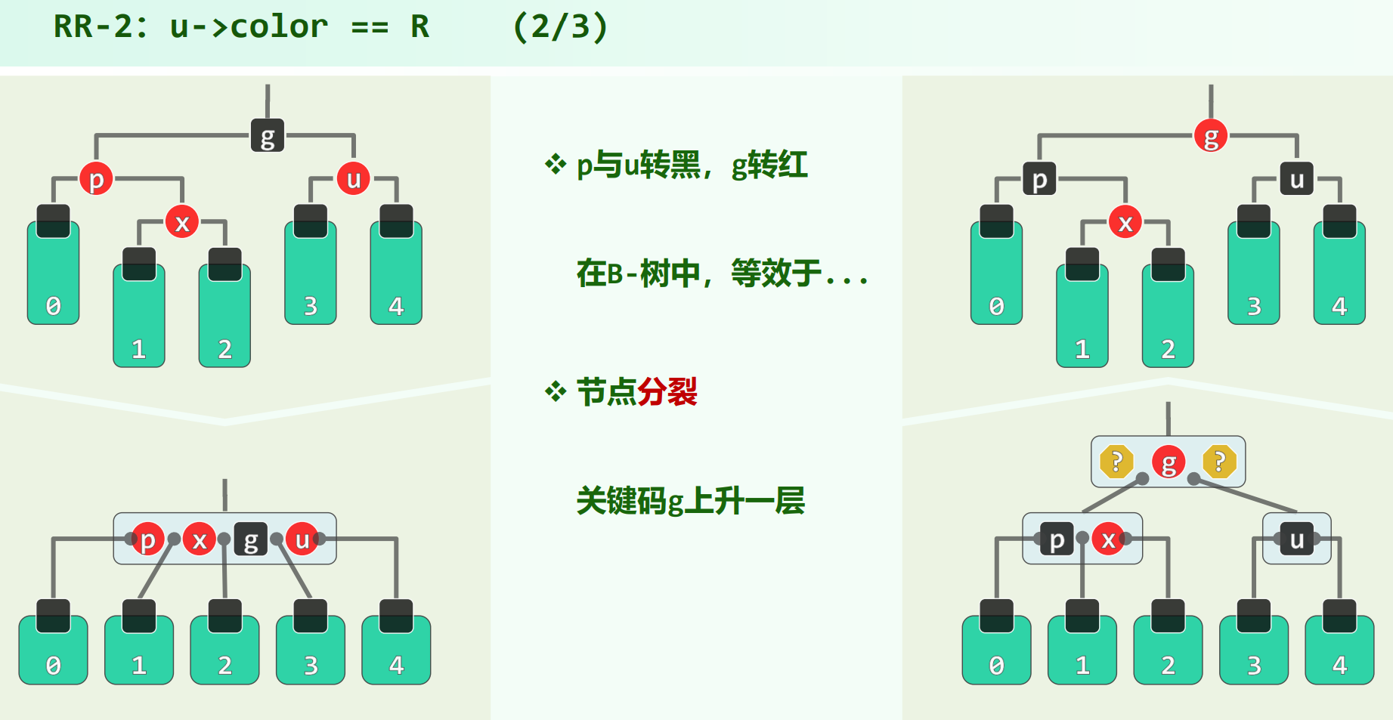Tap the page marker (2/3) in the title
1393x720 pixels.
click(x=560, y=27)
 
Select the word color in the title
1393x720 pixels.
click(x=279, y=27)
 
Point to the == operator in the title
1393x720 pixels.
click(x=370, y=27)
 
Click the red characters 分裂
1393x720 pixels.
click(x=667, y=392)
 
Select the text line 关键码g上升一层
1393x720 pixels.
click(x=690, y=501)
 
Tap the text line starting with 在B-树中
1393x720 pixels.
click(x=722, y=273)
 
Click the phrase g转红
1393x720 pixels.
click(x=769, y=165)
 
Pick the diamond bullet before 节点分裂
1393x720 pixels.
click(x=556, y=391)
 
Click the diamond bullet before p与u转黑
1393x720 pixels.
click(x=556, y=164)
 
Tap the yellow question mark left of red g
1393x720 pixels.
click(x=1116, y=462)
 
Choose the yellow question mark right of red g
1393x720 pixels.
click(x=1219, y=462)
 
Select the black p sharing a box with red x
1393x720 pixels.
click(x=1057, y=539)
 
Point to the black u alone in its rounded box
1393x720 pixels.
click(x=1296, y=539)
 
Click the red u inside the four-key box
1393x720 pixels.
click(x=302, y=539)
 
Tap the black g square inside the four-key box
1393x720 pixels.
click(x=251, y=539)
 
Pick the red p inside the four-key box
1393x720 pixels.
click(x=148, y=539)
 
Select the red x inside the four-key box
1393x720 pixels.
click(x=200, y=539)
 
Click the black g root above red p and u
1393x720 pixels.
click(x=268, y=136)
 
